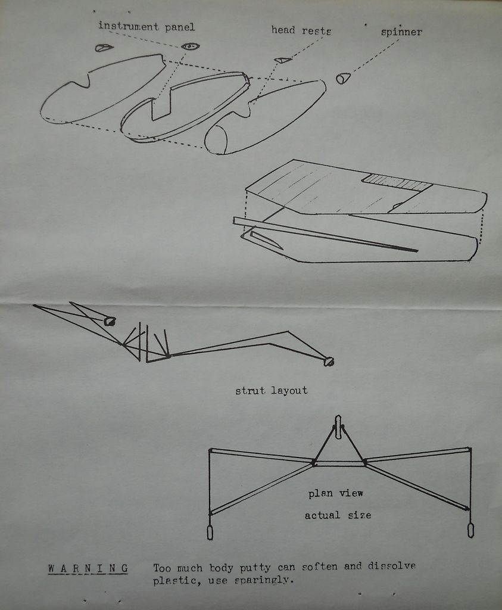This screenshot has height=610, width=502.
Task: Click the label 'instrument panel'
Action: coord(146,26)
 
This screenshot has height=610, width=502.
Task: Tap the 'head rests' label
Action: coord(301,30)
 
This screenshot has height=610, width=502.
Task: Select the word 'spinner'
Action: coord(401,32)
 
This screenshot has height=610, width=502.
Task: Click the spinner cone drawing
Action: coord(343,78)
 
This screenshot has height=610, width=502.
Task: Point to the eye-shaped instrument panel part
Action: coord(190,46)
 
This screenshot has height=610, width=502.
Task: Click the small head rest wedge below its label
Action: coord(282,60)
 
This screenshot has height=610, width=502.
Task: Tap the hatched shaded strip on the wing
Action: coord(396,182)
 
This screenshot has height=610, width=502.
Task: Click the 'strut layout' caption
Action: coord(271,391)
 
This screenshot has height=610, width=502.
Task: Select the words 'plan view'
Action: coord(335,493)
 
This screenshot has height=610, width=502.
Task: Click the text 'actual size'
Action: coord(338,515)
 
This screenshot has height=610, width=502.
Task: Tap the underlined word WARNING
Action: coord(88,568)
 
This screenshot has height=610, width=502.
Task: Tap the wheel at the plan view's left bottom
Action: coord(210,532)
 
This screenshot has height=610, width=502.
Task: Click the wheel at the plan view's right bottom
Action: coord(470,530)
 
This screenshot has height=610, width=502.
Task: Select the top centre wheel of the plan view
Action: coord(338,427)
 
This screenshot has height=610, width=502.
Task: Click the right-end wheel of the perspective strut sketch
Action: coord(328,361)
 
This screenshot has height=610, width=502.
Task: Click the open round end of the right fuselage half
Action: coord(216,140)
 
